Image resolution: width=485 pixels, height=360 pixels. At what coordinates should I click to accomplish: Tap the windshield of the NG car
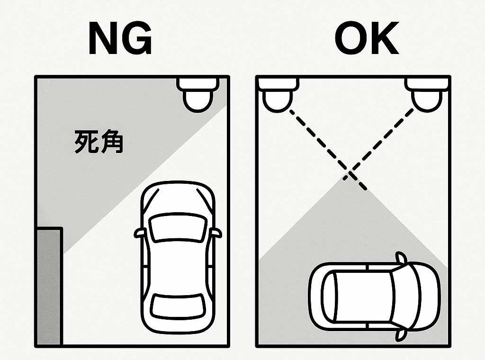pyautogui.click(x=178, y=226)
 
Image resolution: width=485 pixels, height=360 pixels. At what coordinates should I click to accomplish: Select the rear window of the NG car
pyautogui.click(x=178, y=306)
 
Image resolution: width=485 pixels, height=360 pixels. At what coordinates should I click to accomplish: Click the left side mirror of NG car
pyautogui.click(x=140, y=233)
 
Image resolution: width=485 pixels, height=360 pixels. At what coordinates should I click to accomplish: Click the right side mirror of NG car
pyautogui.click(x=216, y=233)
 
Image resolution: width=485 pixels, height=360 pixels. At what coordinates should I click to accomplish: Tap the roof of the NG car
pyautogui.click(x=178, y=265)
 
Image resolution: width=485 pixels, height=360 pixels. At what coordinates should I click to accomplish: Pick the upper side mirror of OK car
pyautogui.click(x=401, y=258)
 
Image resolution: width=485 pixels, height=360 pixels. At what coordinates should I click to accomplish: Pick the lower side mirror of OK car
pyautogui.click(x=401, y=334)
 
